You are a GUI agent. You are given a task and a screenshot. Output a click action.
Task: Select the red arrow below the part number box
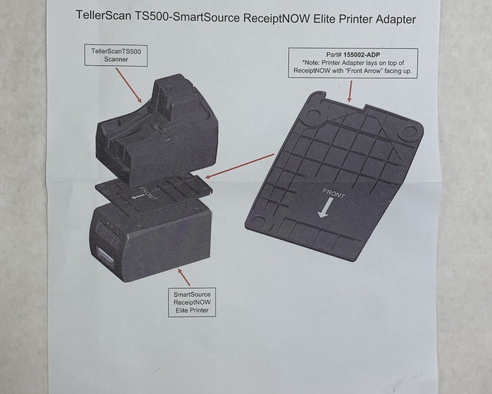coord(350,93)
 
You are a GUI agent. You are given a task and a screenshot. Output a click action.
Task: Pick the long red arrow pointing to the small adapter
coord(240,165)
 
